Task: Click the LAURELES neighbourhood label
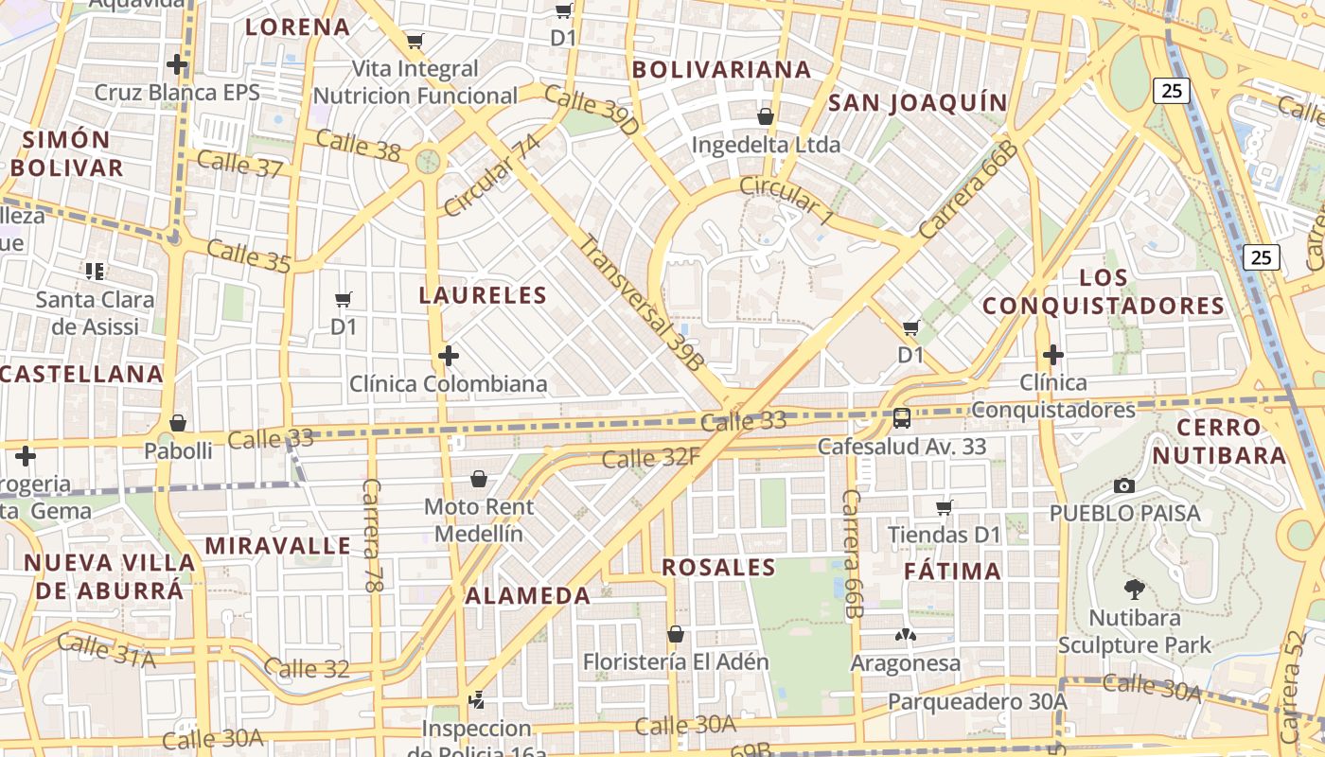coord(483,295)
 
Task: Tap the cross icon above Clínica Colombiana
coord(449,356)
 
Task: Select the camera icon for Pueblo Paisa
coord(1124,485)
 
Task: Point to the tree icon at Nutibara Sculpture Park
coord(1134,590)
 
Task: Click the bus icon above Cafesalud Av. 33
coord(902,417)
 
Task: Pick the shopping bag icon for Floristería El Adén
coord(676,633)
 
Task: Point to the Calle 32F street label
coord(651,458)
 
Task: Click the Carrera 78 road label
coord(372,536)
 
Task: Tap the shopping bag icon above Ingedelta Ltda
coord(766,116)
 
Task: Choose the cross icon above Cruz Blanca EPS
coord(177,64)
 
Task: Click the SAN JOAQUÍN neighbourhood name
coord(918,102)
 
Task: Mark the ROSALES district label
coord(718,568)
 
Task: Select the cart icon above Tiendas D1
coord(944,508)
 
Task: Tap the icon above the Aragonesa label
coord(905,635)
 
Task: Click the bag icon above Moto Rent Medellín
coord(479,479)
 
